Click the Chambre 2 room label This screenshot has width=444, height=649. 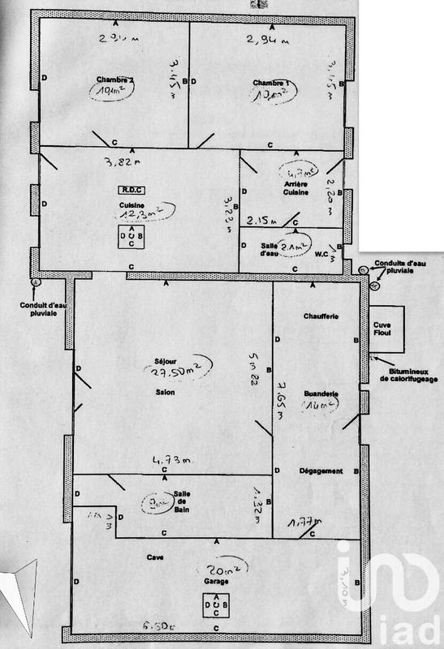pyautogui.click(x=114, y=78)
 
